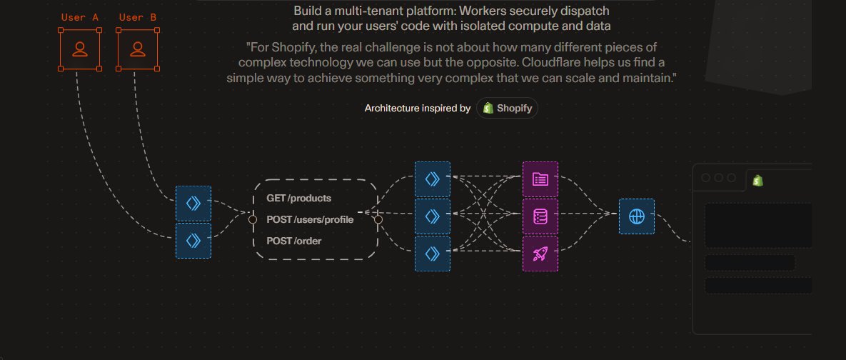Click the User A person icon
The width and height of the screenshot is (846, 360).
coord(80,49)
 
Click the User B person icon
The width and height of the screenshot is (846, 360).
coord(138,49)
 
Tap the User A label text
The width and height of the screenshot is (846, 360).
coord(80,17)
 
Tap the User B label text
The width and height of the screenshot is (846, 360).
coord(138,17)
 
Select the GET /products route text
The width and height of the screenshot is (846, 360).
coord(298,198)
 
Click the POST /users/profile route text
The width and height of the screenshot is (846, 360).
coord(310,219)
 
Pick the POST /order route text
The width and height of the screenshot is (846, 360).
coord(293,241)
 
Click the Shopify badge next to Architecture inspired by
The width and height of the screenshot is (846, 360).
coord(508,109)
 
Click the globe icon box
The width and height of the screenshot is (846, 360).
coord(636,216)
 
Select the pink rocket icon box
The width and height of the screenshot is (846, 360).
coord(540,254)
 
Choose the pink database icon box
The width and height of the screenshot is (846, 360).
coord(540,216)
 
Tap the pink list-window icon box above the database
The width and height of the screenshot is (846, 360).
coord(540,179)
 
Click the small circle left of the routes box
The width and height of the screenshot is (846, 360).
coord(252,219)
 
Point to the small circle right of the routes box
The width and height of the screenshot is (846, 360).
coord(378,219)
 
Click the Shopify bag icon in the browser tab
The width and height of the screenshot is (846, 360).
coord(757,181)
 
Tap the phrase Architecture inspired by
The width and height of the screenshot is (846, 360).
coord(418,109)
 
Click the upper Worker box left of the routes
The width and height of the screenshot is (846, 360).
coord(193,204)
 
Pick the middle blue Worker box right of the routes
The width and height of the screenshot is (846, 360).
coord(433,216)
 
